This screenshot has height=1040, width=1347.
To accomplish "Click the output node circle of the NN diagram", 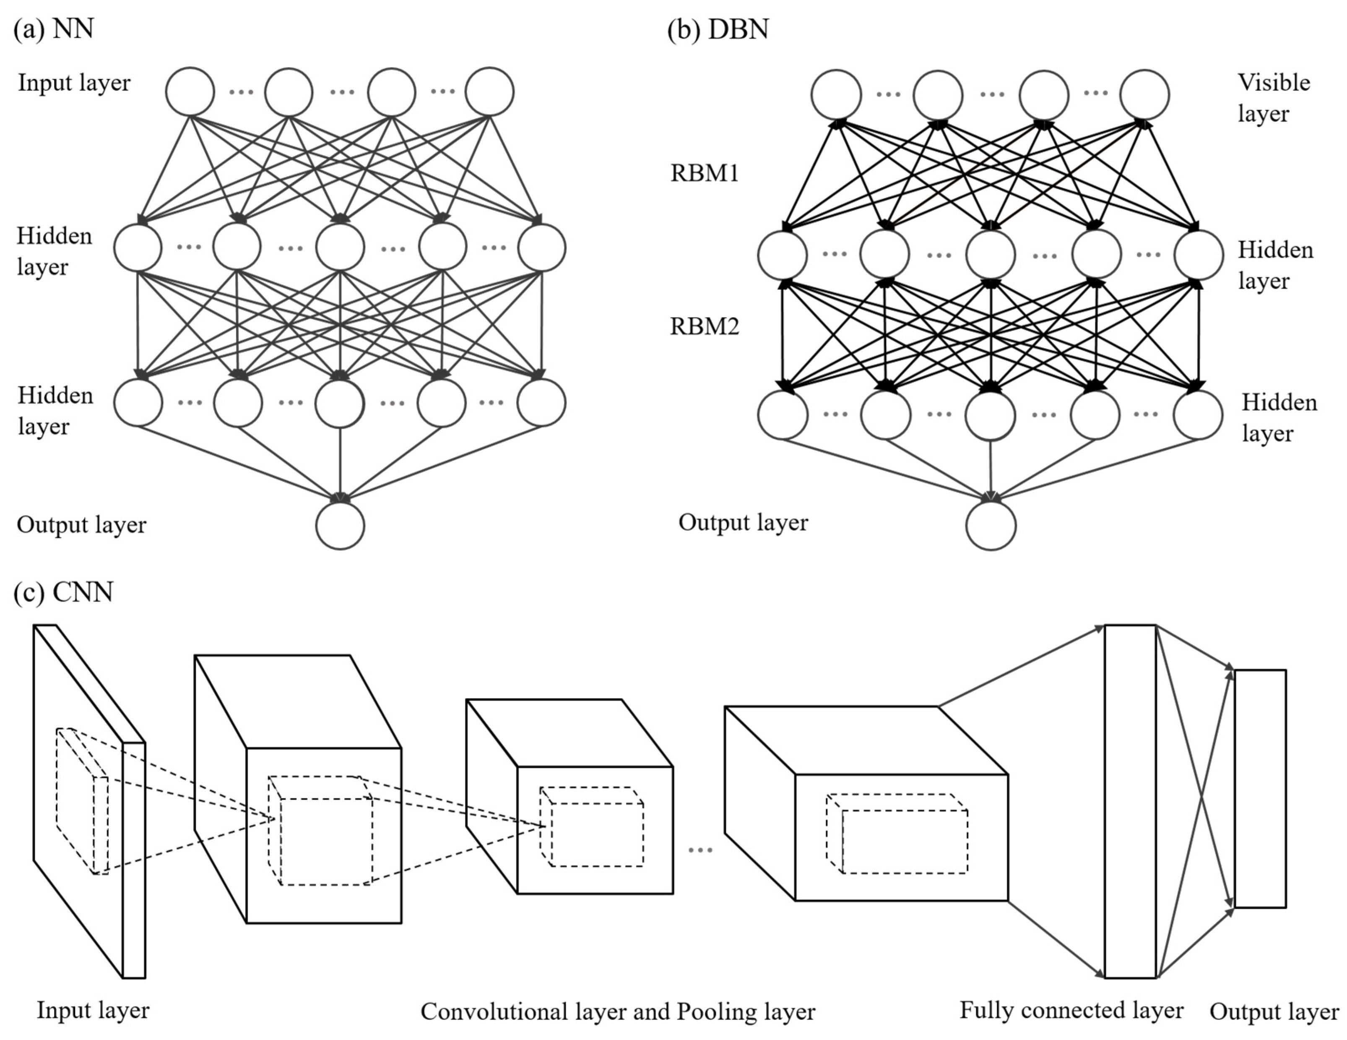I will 340,526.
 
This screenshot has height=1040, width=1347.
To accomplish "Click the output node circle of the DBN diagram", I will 991,526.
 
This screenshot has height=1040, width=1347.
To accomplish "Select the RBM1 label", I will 705,173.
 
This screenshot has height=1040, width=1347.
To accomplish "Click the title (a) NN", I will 54,29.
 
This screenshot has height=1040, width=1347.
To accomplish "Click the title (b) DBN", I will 718,29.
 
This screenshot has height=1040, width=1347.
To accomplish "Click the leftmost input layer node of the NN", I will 190,92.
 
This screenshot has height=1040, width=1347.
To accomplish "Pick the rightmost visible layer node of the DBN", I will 1144,94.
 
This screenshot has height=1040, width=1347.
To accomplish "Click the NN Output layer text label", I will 81,525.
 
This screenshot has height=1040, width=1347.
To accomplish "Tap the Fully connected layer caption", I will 1071,1010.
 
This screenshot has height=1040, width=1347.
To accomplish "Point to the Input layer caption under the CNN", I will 93,1010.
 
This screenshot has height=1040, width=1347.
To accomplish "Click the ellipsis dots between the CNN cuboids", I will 700,850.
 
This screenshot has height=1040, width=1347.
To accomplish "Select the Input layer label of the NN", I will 74,83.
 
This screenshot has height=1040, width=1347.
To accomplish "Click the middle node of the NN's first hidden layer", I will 340,247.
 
